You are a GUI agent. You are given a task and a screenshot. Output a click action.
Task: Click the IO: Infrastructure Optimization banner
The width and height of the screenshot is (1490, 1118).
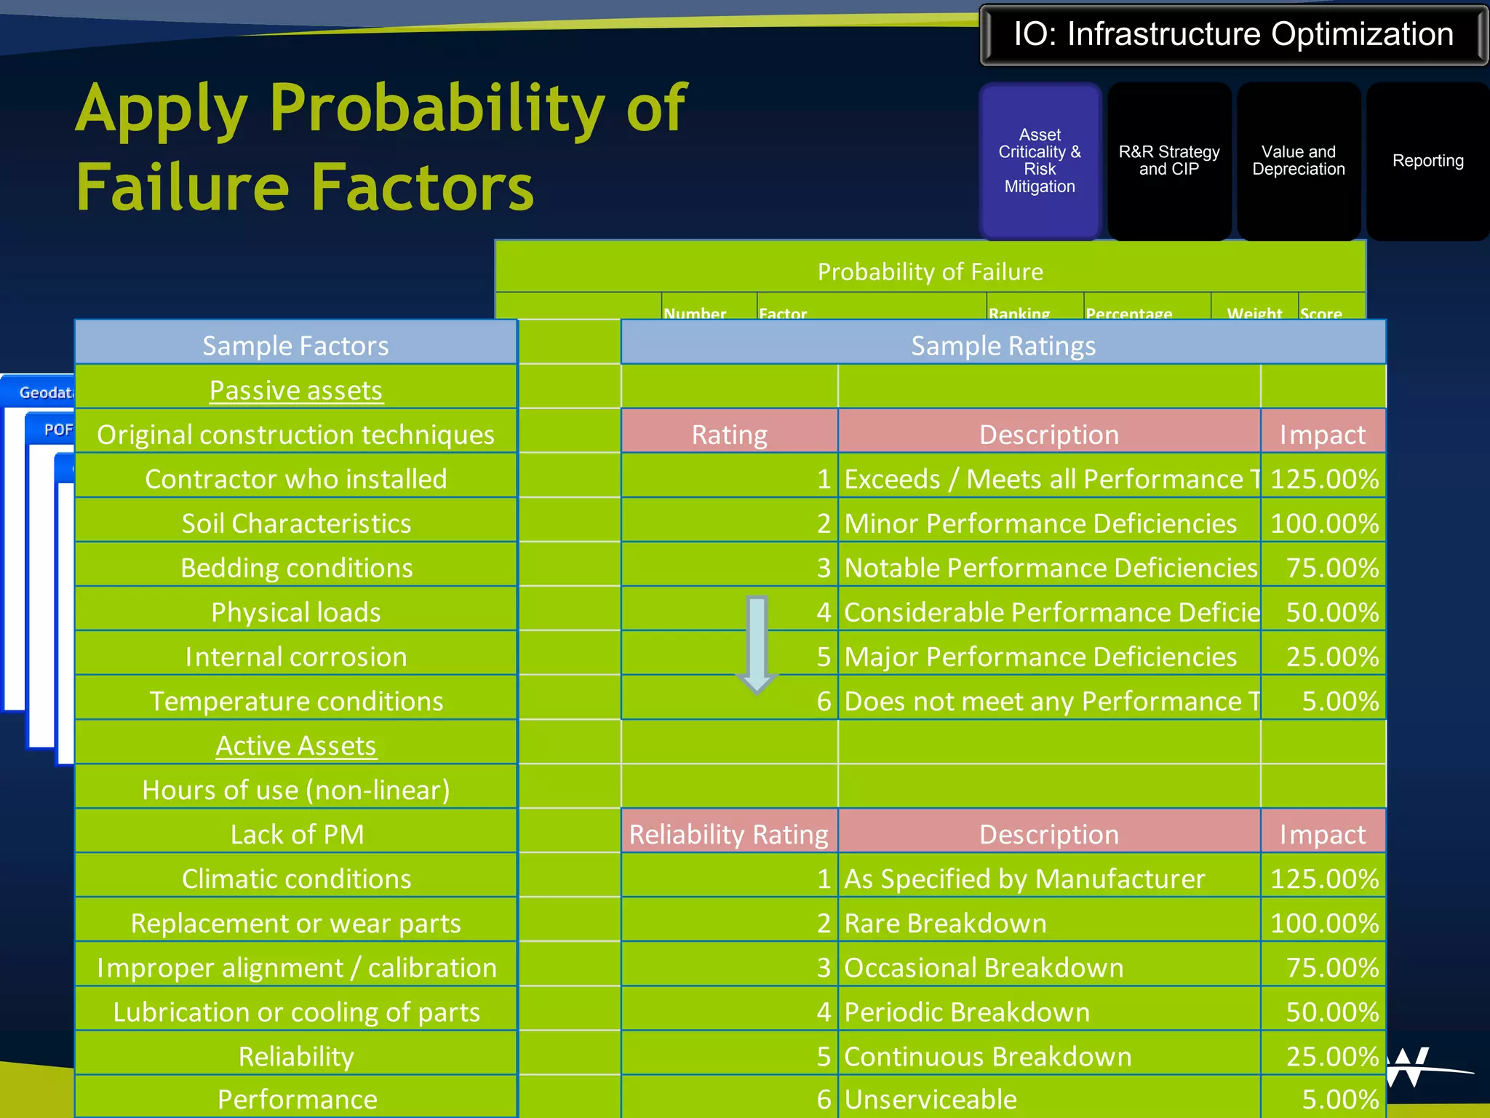(x=1233, y=35)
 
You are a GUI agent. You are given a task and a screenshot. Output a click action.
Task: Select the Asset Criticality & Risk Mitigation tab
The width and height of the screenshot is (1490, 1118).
(x=1040, y=161)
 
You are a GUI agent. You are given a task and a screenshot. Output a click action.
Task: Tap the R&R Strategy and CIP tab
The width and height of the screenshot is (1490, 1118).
(x=1168, y=161)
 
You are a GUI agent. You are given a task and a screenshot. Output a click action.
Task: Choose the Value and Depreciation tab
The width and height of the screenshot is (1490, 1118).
(x=1298, y=161)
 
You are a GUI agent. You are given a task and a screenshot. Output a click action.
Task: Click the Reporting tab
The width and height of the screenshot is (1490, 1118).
(x=1427, y=161)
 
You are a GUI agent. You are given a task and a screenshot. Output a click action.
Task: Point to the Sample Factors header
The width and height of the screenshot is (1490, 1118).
(x=295, y=345)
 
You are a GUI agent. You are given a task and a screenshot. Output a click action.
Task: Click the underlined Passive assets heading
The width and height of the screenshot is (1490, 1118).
(x=295, y=390)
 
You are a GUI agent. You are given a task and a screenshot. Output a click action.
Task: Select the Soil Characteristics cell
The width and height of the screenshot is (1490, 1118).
(x=295, y=523)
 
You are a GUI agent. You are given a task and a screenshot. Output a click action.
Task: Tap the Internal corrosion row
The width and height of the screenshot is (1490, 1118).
(x=295, y=657)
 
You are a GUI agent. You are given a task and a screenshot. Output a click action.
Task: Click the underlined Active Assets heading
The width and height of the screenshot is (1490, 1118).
(x=295, y=745)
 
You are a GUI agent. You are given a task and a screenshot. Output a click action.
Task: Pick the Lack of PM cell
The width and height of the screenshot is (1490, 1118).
(x=295, y=834)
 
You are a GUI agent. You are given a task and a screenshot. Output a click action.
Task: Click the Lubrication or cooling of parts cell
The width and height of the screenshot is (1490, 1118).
(x=295, y=1012)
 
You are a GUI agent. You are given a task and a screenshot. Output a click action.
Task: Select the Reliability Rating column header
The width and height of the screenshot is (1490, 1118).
(x=728, y=834)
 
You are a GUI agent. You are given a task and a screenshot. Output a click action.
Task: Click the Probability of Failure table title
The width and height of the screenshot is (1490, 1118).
(x=930, y=271)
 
